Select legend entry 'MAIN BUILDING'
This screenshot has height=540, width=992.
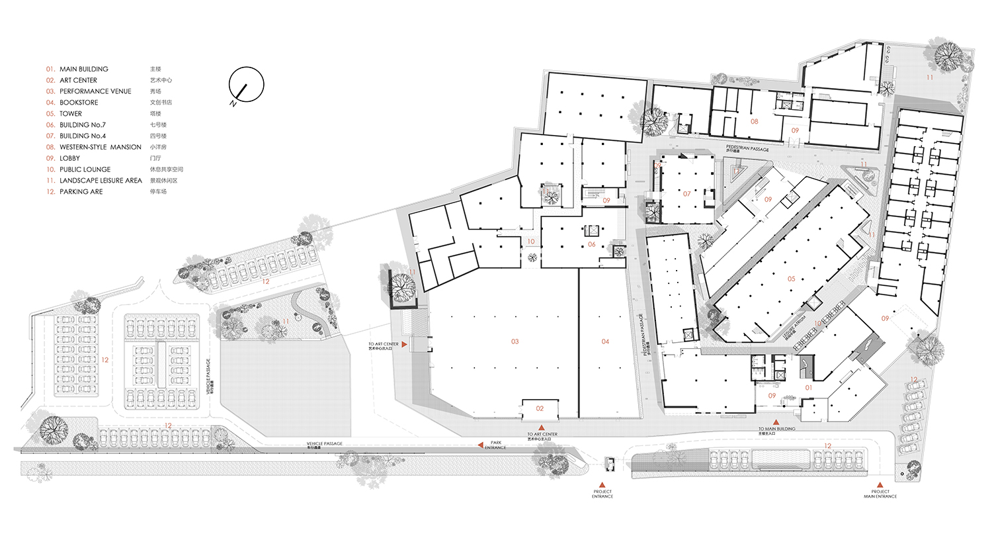(x=83, y=69)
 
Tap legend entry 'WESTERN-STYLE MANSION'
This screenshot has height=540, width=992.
(x=100, y=147)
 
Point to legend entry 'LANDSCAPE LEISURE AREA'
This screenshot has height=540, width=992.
(x=101, y=181)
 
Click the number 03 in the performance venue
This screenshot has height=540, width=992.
(x=515, y=341)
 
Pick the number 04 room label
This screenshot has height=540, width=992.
(x=605, y=341)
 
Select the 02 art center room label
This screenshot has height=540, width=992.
(x=540, y=409)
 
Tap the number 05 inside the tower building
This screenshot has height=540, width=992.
(x=791, y=279)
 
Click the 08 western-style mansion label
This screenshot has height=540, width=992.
(x=754, y=122)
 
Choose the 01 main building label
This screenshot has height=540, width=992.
(x=808, y=388)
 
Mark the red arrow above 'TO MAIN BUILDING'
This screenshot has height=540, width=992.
(x=776, y=422)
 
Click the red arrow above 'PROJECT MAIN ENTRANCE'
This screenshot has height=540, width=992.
(x=880, y=485)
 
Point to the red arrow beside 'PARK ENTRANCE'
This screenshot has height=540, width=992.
(x=481, y=445)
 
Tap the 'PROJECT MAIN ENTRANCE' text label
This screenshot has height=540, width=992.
(x=880, y=494)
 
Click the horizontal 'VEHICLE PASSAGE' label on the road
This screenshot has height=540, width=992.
(x=324, y=443)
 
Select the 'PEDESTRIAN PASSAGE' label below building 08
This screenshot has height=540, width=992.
(x=747, y=148)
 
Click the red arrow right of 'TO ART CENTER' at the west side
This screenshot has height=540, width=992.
(x=405, y=345)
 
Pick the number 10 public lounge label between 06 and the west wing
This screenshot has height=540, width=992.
(x=530, y=242)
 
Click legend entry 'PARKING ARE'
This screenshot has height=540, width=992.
(x=81, y=192)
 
